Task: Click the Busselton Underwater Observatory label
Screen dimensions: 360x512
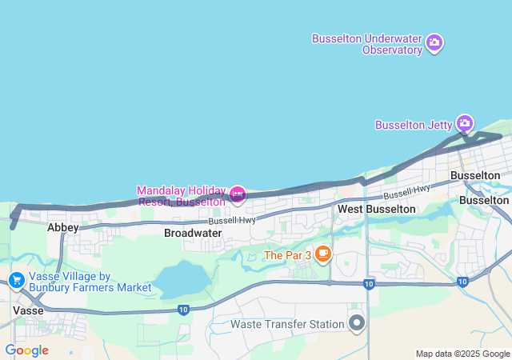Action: point(367,44)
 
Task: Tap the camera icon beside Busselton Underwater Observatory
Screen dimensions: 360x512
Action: point(434,42)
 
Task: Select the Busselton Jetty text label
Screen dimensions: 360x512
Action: point(414,125)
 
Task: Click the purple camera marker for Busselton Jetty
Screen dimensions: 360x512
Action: point(465,123)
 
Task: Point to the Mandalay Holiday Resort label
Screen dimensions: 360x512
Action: point(181,196)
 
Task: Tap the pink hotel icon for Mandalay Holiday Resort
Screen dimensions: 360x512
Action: point(237,194)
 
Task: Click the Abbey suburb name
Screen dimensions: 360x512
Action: point(63,228)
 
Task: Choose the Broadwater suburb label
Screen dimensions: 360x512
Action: point(193,233)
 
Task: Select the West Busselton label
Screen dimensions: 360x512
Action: point(376,209)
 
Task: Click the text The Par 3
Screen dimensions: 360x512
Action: point(286,256)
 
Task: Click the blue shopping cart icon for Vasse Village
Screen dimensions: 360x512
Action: point(16,280)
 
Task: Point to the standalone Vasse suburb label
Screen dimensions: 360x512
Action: point(28,309)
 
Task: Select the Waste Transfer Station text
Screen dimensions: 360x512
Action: point(287,324)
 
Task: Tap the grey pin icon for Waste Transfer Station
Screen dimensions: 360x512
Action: point(357,323)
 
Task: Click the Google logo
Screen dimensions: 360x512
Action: point(26,350)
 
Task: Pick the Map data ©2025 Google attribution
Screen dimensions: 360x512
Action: point(463,354)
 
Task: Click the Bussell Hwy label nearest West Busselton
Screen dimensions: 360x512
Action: point(406,192)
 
